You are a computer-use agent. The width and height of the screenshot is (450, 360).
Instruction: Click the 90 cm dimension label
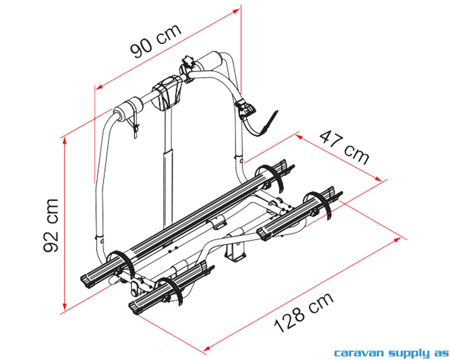coord(156,40)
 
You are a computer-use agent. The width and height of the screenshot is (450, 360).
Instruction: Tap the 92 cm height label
coord(51,225)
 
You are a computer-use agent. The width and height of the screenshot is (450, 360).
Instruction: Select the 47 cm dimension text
coord(344,148)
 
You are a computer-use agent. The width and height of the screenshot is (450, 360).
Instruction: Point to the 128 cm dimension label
coord(304,312)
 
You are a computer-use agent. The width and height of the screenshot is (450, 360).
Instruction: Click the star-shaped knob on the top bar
coord(188,61)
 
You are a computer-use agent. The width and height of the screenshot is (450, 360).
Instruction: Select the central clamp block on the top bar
coord(167,92)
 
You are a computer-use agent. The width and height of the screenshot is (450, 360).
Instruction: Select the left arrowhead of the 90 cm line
coord(99,86)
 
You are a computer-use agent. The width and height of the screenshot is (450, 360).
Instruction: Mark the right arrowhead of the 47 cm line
coord(378,179)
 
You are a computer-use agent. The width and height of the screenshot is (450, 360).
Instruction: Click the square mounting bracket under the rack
coord(235,252)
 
